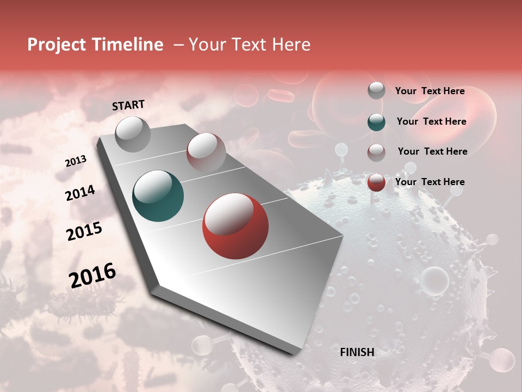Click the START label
(x=128, y=105)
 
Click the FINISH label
(x=357, y=352)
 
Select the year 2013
(x=76, y=161)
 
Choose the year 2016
(x=92, y=275)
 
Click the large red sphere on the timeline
(x=235, y=226)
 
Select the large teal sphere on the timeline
(x=158, y=196)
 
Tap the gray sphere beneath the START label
(x=133, y=133)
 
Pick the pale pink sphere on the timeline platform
(x=206, y=152)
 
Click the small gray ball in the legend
(x=376, y=90)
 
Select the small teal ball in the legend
(x=376, y=122)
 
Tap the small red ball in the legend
(x=376, y=182)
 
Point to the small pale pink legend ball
(x=376, y=152)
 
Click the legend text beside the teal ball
(x=432, y=121)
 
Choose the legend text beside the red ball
(x=430, y=182)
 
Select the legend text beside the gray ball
(x=430, y=91)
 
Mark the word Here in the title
(x=291, y=45)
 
